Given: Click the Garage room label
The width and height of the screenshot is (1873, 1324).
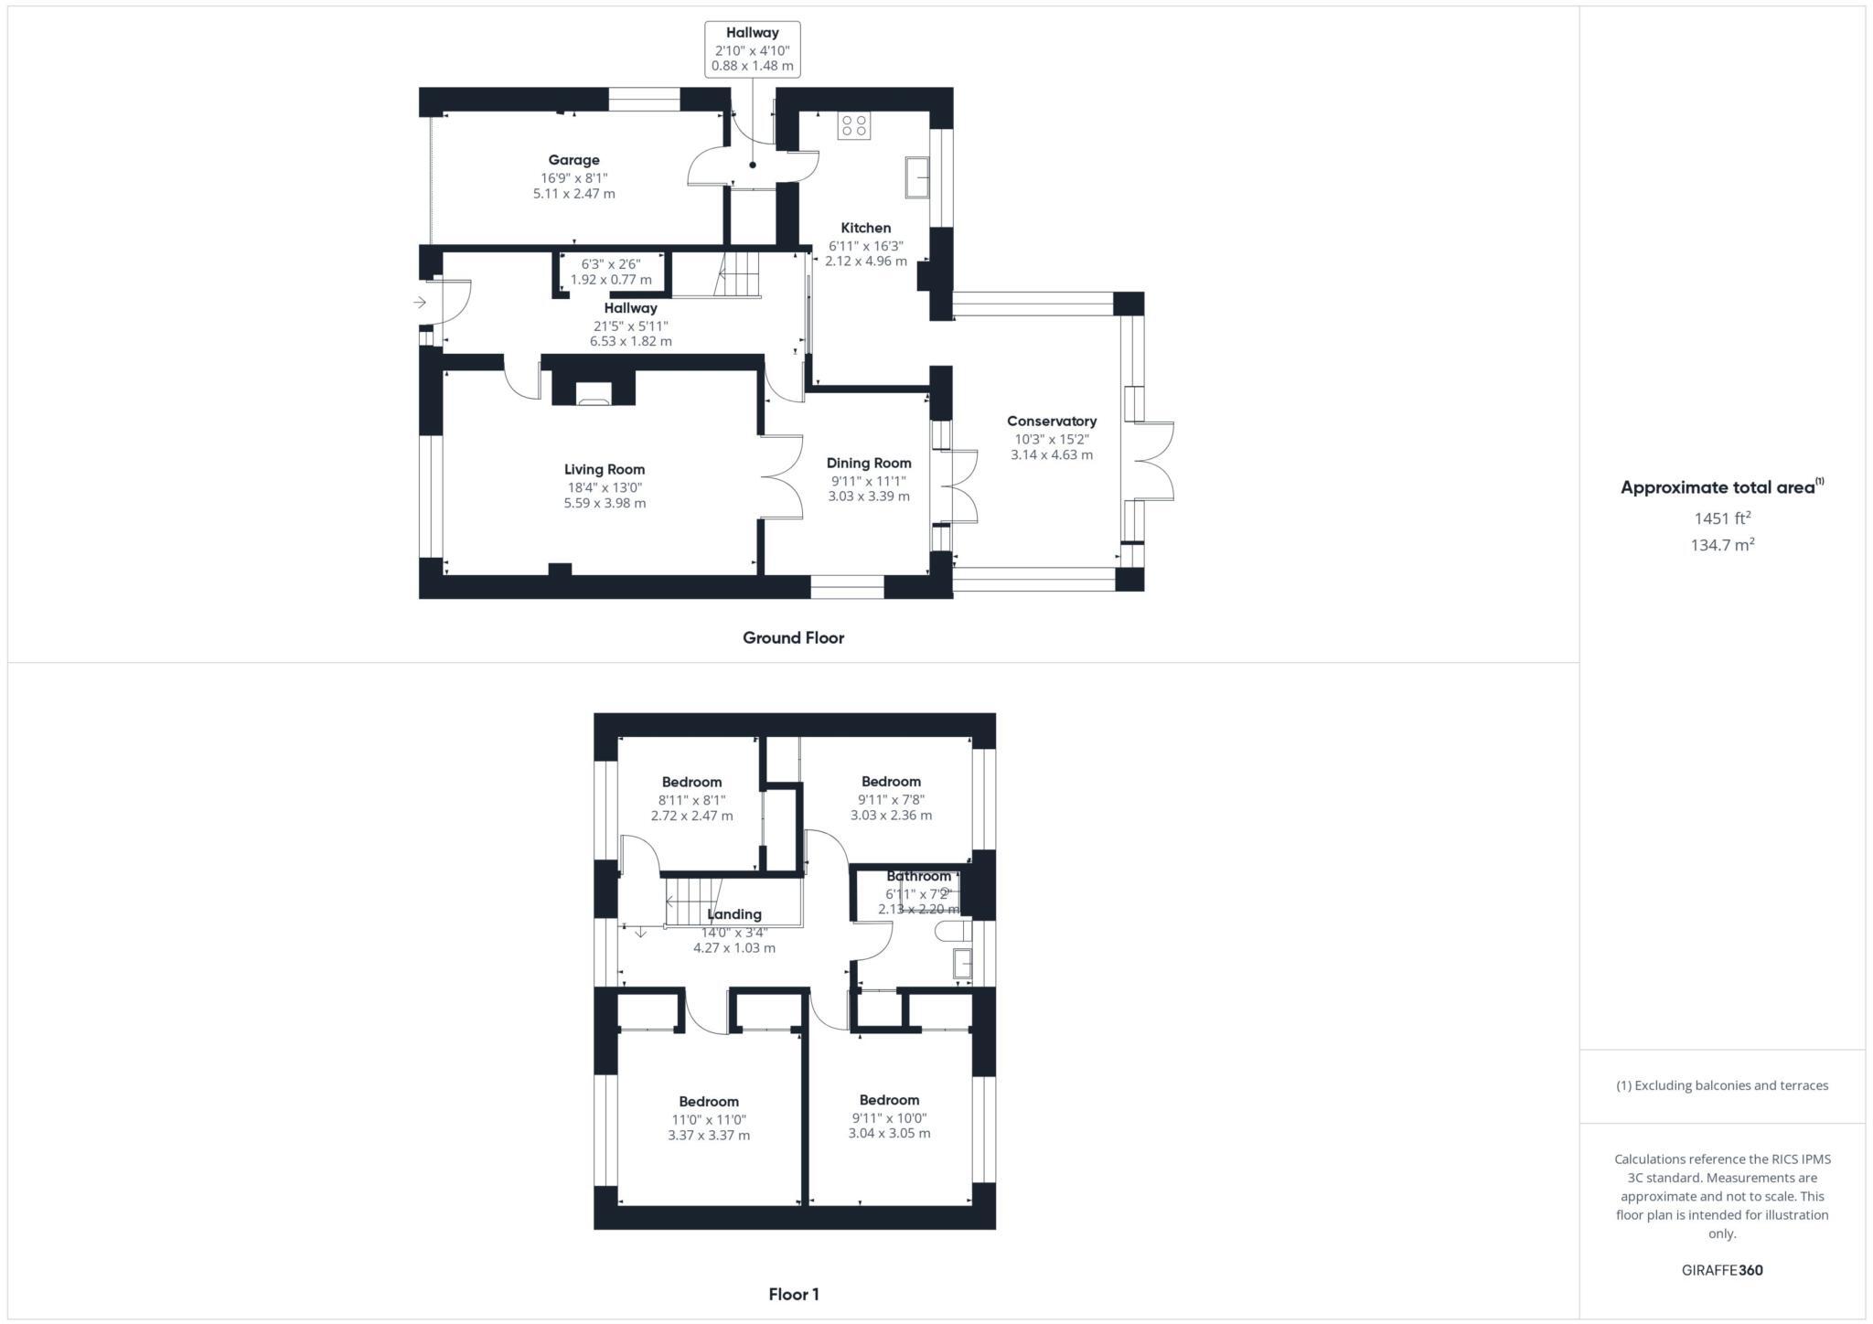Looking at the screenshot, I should [x=573, y=160].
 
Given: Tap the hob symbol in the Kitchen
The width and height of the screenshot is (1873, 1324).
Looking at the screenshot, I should [x=854, y=125].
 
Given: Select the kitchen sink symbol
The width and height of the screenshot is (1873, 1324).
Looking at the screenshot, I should [x=917, y=176].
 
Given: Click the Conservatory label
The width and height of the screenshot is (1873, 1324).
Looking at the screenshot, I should [x=1051, y=422].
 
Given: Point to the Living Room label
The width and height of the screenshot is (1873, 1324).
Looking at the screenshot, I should [x=605, y=470].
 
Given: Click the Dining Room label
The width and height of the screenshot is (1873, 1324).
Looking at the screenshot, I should [x=869, y=463].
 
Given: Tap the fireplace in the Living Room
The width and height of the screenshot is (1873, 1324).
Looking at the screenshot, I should [x=593, y=393].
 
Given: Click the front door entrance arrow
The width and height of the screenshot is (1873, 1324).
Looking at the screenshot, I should [x=420, y=303].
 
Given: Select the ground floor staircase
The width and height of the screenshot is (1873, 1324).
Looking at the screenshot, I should [x=737, y=273].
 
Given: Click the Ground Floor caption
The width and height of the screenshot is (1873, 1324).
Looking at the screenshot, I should [x=793, y=638].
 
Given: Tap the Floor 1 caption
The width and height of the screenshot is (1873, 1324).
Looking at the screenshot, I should [x=793, y=1295].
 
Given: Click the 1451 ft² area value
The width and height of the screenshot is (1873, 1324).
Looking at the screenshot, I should [x=1722, y=518].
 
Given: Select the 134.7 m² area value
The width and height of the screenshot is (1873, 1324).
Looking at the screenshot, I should [x=1722, y=545].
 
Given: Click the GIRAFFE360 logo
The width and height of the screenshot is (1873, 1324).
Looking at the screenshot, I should [x=1722, y=1270].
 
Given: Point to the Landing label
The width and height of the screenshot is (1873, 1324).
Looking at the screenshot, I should [x=734, y=914].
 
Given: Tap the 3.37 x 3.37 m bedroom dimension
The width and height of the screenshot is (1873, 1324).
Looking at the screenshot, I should [x=709, y=1136].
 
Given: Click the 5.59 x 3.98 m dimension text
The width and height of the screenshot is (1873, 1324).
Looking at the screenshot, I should [x=605, y=503].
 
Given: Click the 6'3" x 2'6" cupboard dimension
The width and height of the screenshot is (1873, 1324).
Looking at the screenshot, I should [x=611, y=264].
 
